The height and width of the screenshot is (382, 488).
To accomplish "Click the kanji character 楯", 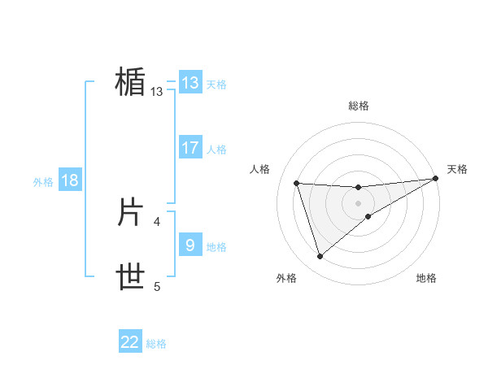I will tap(129, 83).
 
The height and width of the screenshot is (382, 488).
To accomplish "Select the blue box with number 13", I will tap(190, 83).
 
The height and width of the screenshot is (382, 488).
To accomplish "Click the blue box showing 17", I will tap(190, 148).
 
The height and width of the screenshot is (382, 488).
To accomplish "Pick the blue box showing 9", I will tap(190, 245).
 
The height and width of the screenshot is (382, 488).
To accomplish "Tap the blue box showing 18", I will tap(70, 180).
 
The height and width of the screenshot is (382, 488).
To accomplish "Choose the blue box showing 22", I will tap(131, 342).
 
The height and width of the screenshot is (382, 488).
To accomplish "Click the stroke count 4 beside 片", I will tap(157, 220).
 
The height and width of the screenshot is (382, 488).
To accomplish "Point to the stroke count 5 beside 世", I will tap(157, 286).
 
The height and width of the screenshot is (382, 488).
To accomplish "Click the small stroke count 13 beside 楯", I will tap(157, 92).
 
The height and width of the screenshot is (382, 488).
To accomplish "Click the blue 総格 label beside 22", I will tap(156, 344).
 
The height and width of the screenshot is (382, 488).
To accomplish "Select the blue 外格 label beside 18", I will tap(43, 182).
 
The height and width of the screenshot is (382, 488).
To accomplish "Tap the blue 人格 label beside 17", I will tap(216, 150).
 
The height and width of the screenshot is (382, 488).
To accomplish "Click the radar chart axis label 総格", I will tap(359, 106).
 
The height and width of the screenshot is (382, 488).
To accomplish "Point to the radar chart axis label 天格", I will tap(457, 169).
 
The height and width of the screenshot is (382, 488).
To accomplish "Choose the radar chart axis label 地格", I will tap(426, 278).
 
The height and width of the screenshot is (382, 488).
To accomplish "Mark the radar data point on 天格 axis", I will tap(435, 179).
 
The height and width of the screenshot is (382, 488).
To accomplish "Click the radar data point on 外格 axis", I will tap(320, 257).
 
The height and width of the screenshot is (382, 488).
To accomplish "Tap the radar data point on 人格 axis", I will tap(297, 183).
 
